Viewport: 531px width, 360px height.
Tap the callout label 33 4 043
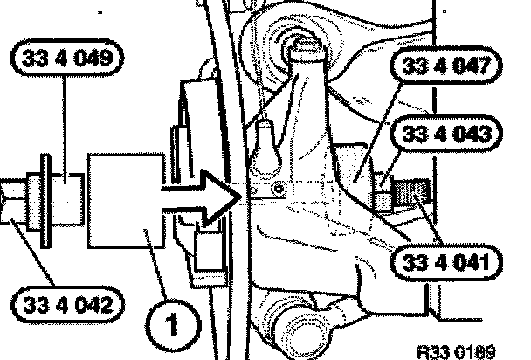(x=444, y=136)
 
